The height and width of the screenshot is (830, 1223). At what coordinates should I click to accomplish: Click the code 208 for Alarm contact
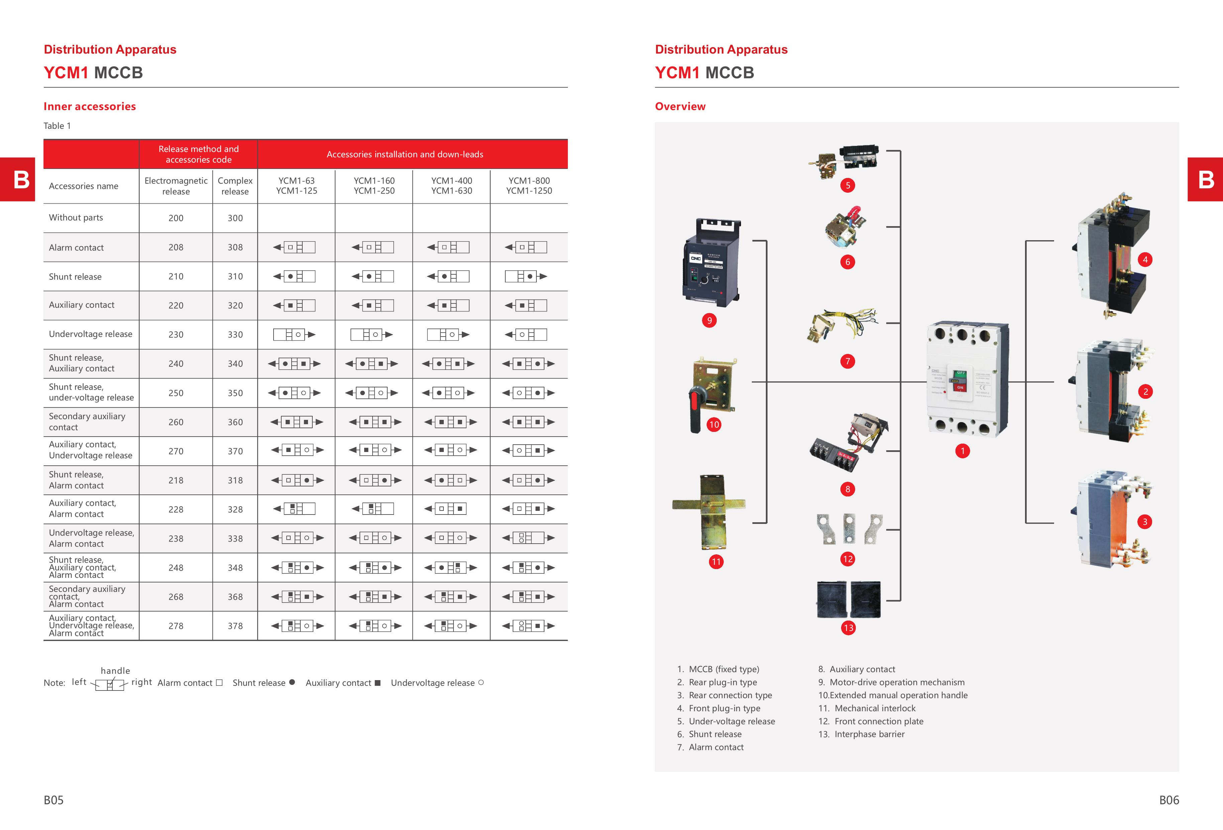(x=176, y=247)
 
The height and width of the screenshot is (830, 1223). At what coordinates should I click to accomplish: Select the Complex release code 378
(x=235, y=626)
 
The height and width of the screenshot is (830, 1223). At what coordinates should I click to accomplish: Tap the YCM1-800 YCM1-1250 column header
(x=529, y=186)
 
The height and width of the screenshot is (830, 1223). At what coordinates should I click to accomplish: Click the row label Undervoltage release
(x=91, y=334)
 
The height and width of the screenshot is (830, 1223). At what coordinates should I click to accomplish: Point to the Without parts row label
(x=76, y=217)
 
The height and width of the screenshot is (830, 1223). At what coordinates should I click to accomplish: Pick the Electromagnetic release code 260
(x=176, y=422)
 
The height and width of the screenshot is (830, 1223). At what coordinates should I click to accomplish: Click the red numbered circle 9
(x=709, y=320)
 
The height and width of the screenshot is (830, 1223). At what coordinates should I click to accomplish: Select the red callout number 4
(x=1145, y=260)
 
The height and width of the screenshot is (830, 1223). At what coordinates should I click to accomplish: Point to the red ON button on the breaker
(x=960, y=388)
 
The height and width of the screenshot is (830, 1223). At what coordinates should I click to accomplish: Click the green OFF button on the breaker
(x=960, y=373)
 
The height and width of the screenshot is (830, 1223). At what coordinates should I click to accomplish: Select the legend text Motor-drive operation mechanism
(x=897, y=682)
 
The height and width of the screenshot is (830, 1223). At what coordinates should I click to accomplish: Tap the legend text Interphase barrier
(x=870, y=734)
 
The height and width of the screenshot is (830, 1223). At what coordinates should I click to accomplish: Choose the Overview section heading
(x=680, y=106)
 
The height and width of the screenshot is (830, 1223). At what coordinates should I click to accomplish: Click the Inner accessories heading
(x=90, y=106)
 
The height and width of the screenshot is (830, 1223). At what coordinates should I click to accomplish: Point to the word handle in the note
(x=115, y=670)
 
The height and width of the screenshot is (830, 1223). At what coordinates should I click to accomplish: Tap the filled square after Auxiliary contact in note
(x=377, y=682)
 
